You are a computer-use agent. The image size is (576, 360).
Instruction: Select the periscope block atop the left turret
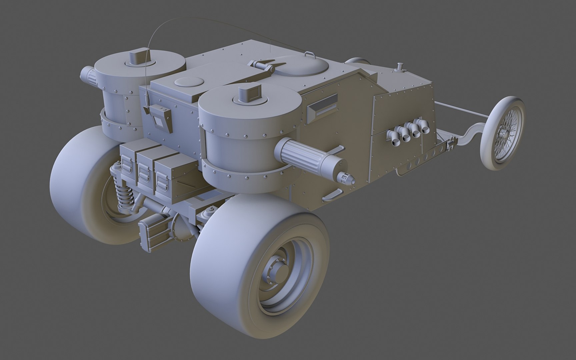[x=137, y=56]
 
